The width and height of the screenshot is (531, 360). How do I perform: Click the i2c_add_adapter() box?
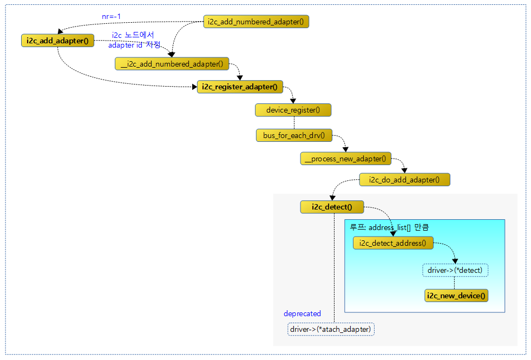[x=57, y=41]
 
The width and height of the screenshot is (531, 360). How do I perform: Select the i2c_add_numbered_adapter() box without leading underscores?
[x=256, y=22]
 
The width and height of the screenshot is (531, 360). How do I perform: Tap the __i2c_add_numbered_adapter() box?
[x=172, y=64]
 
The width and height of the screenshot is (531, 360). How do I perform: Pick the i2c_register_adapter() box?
[x=240, y=87]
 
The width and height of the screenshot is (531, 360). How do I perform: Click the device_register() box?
[x=293, y=110]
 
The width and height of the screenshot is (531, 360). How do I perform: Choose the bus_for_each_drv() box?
[x=294, y=135]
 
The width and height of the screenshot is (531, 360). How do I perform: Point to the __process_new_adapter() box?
[x=346, y=159]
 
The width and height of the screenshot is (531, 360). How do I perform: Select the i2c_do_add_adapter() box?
[x=404, y=180]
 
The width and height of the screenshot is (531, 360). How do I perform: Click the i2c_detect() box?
[x=332, y=207]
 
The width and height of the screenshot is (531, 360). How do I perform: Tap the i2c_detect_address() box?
[x=393, y=243]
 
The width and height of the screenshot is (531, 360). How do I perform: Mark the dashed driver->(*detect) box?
[x=455, y=270]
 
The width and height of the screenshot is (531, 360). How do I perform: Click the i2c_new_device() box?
[x=456, y=296]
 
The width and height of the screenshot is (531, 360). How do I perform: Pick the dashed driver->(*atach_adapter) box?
[x=331, y=329]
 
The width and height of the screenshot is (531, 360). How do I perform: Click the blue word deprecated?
[x=302, y=313]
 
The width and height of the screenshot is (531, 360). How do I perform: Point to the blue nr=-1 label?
[x=111, y=16]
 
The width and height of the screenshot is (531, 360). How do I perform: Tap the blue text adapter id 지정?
[x=134, y=45]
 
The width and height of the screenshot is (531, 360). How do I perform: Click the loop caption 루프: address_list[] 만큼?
[x=389, y=227]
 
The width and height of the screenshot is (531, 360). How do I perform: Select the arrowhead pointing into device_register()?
[x=293, y=101]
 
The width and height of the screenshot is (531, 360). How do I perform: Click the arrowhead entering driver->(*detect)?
[x=455, y=261]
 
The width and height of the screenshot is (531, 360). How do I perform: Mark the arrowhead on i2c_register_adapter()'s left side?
[x=195, y=87]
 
